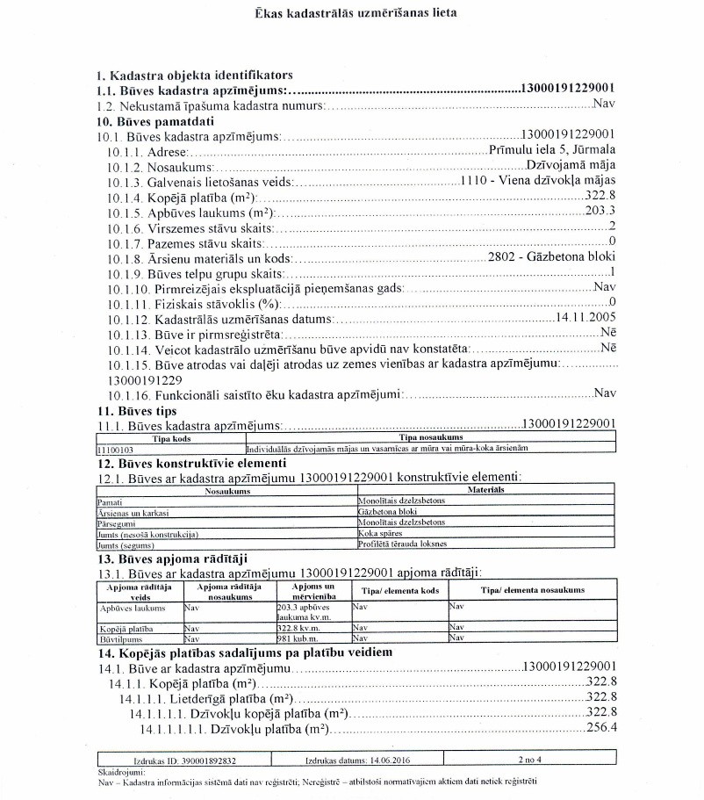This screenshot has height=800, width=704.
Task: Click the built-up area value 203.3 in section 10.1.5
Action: pos(600,211)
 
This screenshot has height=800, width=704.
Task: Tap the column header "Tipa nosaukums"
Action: pos(431,437)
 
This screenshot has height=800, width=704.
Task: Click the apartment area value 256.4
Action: pos(601,728)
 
